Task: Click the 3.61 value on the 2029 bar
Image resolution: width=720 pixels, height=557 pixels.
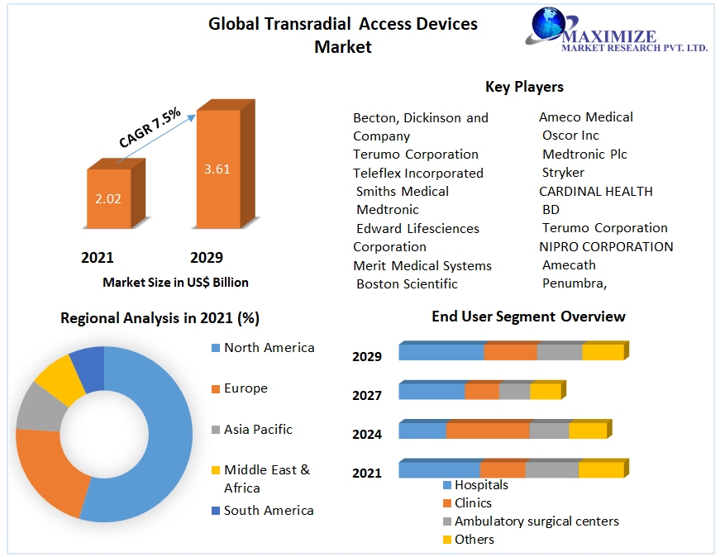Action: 217,169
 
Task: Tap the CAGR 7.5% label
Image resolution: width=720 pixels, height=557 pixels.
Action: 150,127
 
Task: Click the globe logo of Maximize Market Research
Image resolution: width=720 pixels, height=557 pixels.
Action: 546,25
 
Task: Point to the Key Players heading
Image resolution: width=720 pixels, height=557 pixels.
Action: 524,86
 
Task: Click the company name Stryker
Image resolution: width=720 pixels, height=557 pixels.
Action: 563,172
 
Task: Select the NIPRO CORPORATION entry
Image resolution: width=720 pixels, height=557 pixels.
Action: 606,246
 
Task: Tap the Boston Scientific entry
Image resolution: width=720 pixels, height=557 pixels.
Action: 407,283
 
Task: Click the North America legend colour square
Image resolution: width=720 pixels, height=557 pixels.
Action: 216,348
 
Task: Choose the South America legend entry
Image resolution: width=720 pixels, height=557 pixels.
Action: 269,510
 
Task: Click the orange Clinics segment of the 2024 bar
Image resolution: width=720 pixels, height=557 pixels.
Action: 488,431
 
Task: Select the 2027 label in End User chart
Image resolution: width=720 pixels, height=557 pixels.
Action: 367,395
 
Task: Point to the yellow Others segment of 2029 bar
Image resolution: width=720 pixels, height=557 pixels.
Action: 603,352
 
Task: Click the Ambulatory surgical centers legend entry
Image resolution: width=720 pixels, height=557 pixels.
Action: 536,521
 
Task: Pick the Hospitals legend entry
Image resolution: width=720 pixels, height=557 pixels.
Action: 481,485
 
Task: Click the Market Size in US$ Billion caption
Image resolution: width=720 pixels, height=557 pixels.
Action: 175,282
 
